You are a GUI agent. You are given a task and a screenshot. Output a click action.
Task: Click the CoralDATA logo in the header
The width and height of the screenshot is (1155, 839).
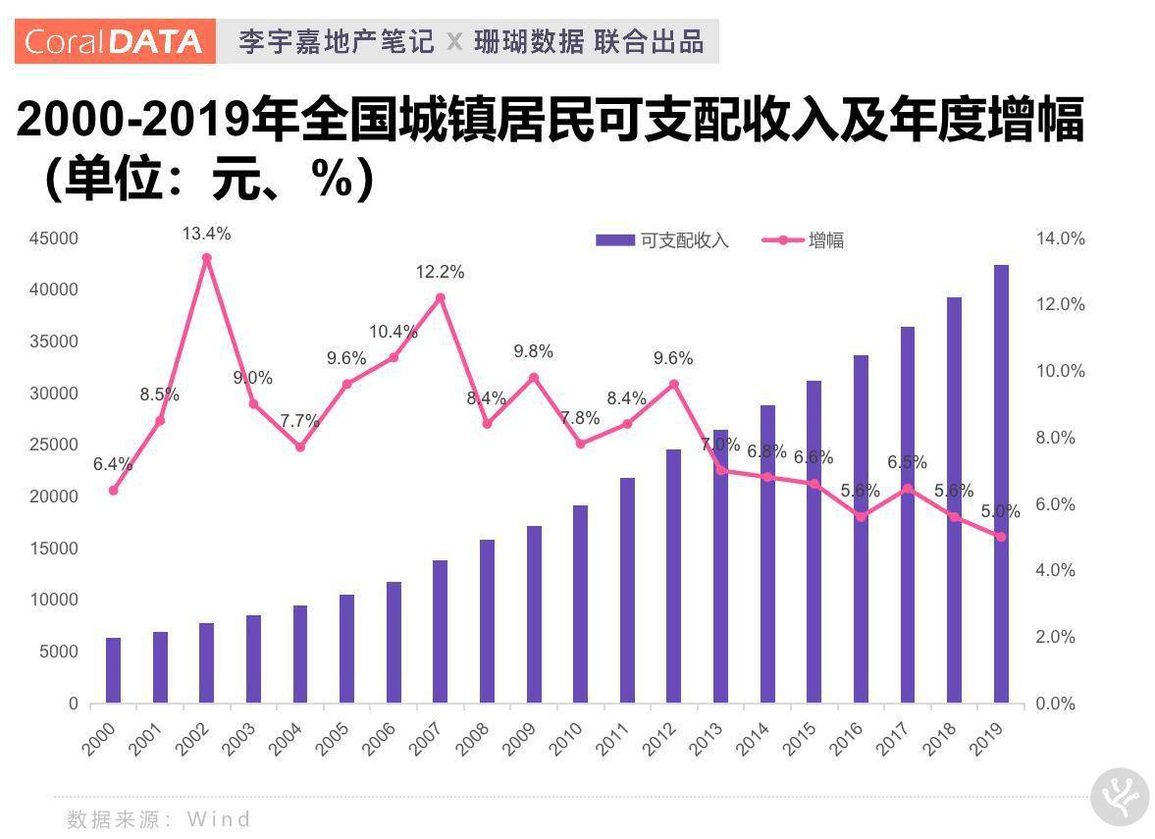point(114,41)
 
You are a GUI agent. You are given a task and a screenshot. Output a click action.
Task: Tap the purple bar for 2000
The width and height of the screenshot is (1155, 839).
point(113,670)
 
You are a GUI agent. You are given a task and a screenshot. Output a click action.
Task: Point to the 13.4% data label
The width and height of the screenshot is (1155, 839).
point(206,234)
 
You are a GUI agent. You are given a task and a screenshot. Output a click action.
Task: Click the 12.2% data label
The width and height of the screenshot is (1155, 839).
point(440,272)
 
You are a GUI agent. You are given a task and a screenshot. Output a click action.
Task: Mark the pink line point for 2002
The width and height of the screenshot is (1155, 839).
point(206,258)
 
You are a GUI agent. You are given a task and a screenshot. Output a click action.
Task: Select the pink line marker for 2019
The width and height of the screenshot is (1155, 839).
point(1000,537)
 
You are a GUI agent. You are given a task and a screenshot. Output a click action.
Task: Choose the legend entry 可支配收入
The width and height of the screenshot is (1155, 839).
point(662,240)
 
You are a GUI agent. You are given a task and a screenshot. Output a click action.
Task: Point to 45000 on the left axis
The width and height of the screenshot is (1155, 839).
point(54,238)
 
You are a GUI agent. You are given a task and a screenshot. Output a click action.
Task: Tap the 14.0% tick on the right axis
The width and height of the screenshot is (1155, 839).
point(1061,238)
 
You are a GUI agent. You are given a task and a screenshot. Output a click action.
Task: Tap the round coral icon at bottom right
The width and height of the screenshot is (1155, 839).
point(1120,798)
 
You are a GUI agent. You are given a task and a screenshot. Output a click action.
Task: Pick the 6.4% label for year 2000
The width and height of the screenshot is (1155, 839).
point(113,464)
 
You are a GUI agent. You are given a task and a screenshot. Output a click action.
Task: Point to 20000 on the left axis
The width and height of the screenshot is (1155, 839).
point(54,497)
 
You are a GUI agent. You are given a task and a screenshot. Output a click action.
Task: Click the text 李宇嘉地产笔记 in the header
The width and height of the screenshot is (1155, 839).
point(336,41)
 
